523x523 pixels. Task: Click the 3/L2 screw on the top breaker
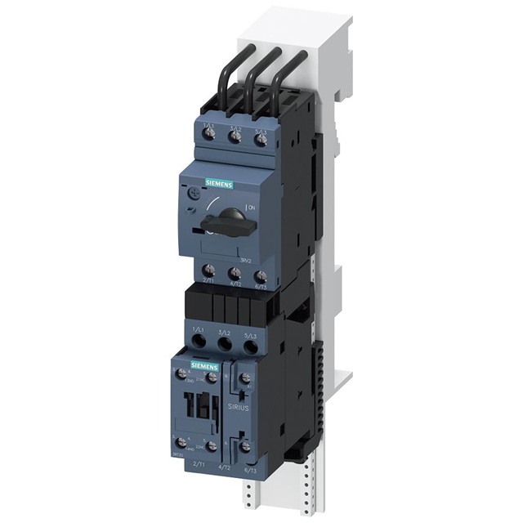pyautogui.click(x=235, y=137)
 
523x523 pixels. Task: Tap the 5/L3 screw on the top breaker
pyautogui.click(x=260, y=139)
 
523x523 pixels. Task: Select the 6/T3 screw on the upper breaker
pyautogui.click(x=260, y=277)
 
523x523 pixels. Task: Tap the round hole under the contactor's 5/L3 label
pyautogui.click(x=251, y=348)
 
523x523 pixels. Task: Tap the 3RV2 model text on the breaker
pyautogui.click(x=257, y=258)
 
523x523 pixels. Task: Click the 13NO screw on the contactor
pyautogui.click(x=181, y=374)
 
